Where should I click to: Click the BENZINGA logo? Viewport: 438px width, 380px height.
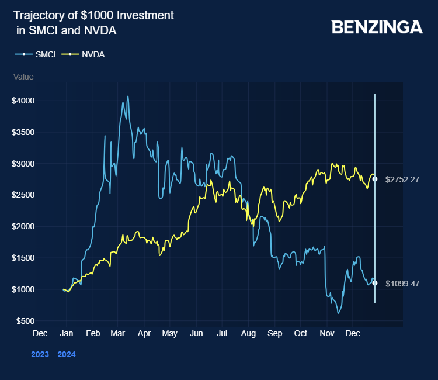pos(377,27)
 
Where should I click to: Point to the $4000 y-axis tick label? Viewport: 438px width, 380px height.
pos(23,101)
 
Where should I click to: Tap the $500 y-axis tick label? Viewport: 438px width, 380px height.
pos(26,321)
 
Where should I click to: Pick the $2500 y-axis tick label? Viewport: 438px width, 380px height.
pos(23,195)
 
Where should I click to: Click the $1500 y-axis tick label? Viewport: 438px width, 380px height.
pos(23,258)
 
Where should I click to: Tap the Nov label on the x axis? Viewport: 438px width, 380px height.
pos(326,333)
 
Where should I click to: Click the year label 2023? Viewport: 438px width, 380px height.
pos(40,354)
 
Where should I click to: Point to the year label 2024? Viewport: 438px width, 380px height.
pos(67,354)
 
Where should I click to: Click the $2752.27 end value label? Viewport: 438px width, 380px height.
pos(403,179)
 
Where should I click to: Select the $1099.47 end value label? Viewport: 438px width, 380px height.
pos(403,283)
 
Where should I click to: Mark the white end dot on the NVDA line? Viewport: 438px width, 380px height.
pos(375,179)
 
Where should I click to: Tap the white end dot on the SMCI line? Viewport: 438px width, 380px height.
pos(375,283)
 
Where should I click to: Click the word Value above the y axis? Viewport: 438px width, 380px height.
pos(23,77)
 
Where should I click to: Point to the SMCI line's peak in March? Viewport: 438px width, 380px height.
pos(128,96)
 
